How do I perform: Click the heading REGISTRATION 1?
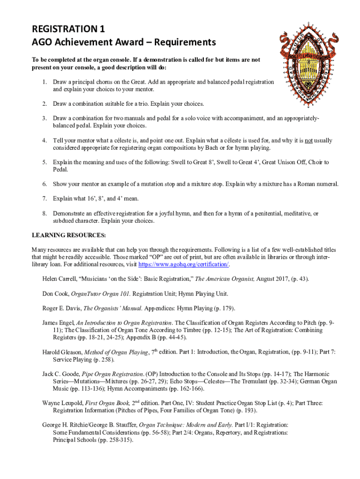(x=68, y=29)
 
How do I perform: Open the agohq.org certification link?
(x=191, y=265)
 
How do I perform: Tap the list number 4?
(x=44, y=140)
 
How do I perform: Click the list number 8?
(x=44, y=213)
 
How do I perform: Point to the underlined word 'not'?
(x=310, y=140)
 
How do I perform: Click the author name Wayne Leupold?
(x=62, y=403)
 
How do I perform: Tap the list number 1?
(x=44, y=82)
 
